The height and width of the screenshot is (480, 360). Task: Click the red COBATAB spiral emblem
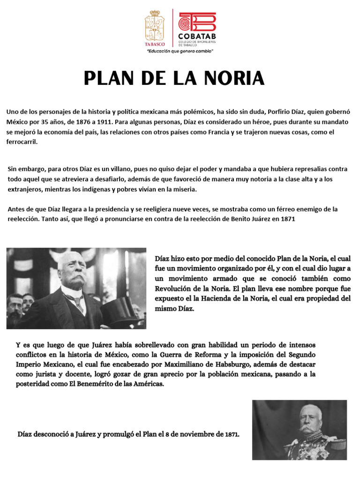197,21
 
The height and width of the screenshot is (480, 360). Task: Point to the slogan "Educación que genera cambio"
180,51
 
